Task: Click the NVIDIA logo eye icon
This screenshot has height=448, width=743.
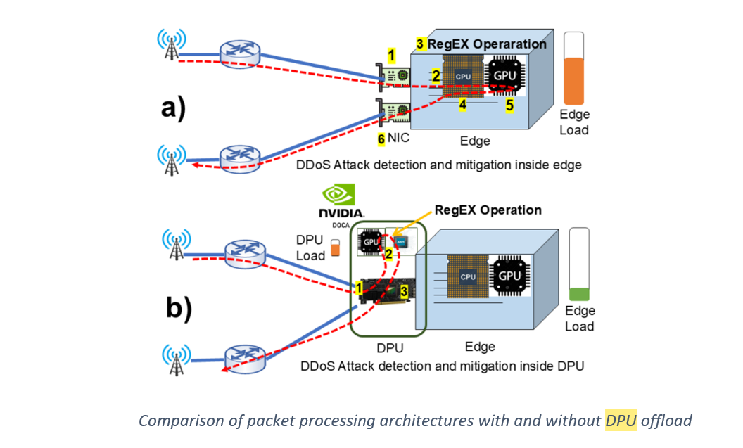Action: [338, 195]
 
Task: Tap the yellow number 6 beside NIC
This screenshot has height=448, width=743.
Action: [381, 139]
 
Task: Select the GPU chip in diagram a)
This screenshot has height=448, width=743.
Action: [504, 76]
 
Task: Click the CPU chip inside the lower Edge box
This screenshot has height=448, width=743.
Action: [468, 276]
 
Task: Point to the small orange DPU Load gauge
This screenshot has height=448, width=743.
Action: [336, 248]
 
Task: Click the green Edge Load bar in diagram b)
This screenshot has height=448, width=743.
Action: [579, 294]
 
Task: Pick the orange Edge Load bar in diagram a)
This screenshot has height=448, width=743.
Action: [574, 81]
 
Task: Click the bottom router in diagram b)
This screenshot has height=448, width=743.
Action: [245, 359]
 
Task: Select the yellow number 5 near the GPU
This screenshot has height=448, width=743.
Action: [509, 105]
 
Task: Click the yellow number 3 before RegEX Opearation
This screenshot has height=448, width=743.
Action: [420, 44]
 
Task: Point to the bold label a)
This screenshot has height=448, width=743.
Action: [173, 108]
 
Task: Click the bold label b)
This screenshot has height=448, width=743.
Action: [179, 308]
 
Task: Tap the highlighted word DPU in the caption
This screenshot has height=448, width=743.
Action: [621, 421]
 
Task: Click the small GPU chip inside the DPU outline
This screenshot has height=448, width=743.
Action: [370, 242]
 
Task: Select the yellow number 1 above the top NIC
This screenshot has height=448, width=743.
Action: [391, 56]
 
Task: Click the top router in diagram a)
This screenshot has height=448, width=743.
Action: [240, 54]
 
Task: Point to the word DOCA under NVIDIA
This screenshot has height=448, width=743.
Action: [341, 226]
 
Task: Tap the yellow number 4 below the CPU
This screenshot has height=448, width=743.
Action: [462, 105]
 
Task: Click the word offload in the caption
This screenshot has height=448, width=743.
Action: [666, 421]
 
